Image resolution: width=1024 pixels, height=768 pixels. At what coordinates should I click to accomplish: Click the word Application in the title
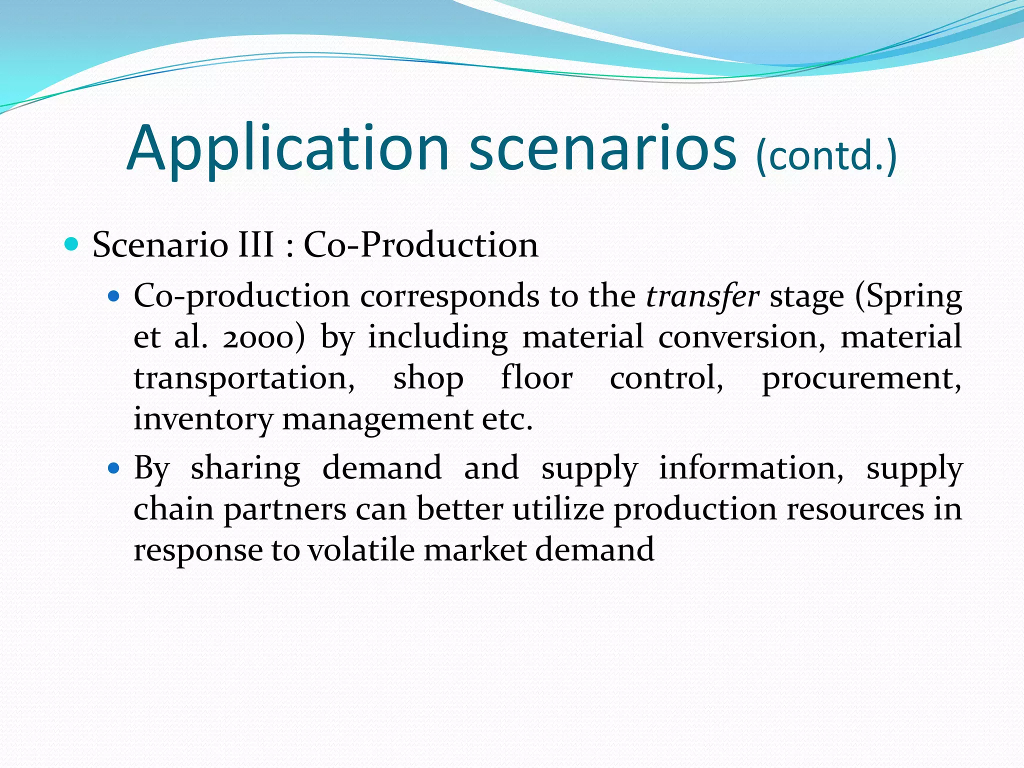[x=288, y=149]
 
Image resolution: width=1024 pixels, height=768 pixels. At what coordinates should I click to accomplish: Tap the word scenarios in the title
[x=602, y=149]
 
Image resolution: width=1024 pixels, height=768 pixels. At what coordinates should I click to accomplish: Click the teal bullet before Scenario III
[x=72, y=244]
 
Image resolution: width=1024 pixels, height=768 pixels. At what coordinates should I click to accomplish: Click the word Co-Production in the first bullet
[x=421, y=245]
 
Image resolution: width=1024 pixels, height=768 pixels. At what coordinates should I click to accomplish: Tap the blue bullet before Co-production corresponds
[x=114, y=296]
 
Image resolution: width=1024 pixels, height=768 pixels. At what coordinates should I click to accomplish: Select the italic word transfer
[x=702, y=296]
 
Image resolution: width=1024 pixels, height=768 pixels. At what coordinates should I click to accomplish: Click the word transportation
[x=244, y=378]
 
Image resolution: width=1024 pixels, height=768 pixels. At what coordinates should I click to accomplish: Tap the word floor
[x=536, y=377]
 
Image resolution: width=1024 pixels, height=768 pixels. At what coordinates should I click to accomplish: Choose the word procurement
[x=861, y=378]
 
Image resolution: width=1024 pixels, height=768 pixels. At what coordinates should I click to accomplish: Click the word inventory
[x=202, y=419]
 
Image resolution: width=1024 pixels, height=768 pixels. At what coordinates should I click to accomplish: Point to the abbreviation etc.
[x=507, y=419]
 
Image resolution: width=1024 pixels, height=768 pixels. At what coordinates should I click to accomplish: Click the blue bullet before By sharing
[x=114, y=468]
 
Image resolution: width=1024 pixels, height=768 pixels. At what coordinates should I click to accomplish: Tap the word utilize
[x=558, y=509]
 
